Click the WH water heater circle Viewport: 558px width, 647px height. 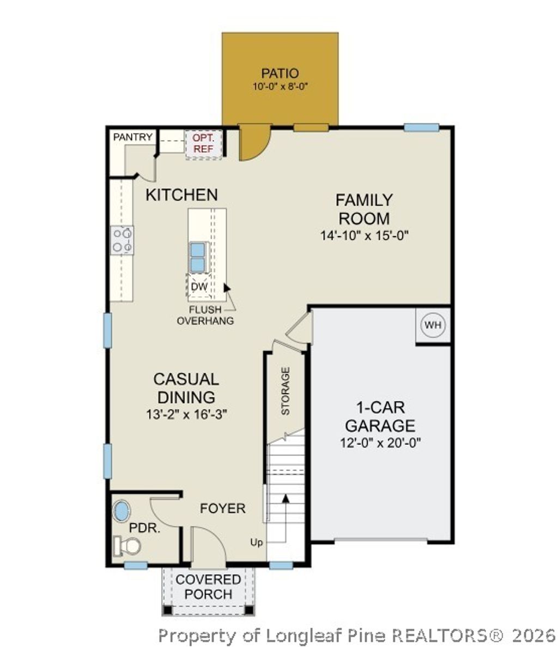coord(433,326)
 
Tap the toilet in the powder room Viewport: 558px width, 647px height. coord(128,544)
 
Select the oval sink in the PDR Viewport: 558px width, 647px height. coord(122,512)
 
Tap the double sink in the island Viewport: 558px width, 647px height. coord(197,257)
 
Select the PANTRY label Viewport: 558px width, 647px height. coord(132,137)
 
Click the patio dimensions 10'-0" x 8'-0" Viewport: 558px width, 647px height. coord(281,86)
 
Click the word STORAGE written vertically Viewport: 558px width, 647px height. coord(285,391)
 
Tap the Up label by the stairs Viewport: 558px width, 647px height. coord(257,542)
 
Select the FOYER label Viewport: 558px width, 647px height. coord(222,509)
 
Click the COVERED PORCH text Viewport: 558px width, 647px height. coord(208,586)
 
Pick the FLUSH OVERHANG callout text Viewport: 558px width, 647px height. coord(205,316)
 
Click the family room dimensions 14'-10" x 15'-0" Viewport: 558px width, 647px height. coord(364,235)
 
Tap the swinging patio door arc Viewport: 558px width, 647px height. coord(255,143)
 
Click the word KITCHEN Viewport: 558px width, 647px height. coord(181,195)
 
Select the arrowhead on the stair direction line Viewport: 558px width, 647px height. coord(285,498)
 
